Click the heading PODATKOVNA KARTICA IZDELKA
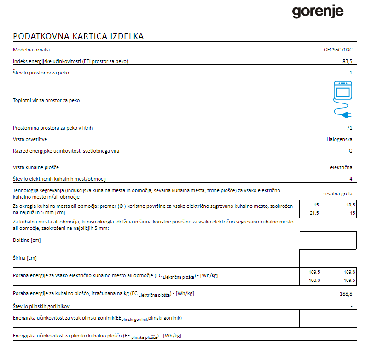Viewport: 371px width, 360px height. pos(78,36)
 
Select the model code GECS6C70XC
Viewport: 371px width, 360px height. pos(338,50)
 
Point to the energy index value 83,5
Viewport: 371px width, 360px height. pos(347,61)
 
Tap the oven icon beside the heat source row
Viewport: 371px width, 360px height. pos(342,90)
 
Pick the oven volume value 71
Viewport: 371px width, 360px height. pos(349,128)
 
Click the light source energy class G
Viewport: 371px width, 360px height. pos(350,151)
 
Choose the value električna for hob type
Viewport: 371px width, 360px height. pos(341,167)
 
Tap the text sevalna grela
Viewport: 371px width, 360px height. pos(338,194)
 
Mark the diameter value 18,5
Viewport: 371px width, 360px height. pos(350,205)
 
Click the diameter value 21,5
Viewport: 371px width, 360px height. pos(313,213)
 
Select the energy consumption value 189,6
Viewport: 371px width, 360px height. pos(349,272)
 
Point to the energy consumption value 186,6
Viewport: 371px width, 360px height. pos(314,280)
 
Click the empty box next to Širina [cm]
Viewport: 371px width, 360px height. pos(328,258)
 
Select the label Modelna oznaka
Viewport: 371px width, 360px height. pos(31,50)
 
